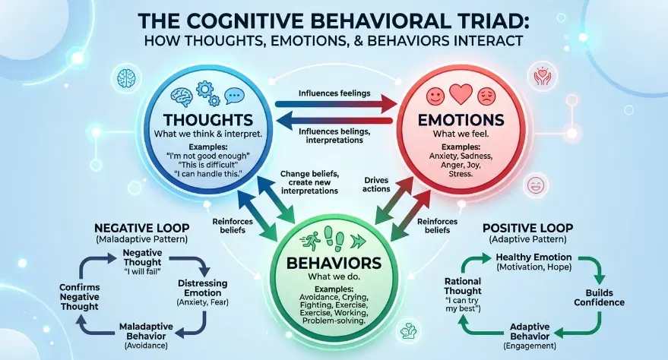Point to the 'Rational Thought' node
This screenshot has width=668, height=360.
463,286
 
